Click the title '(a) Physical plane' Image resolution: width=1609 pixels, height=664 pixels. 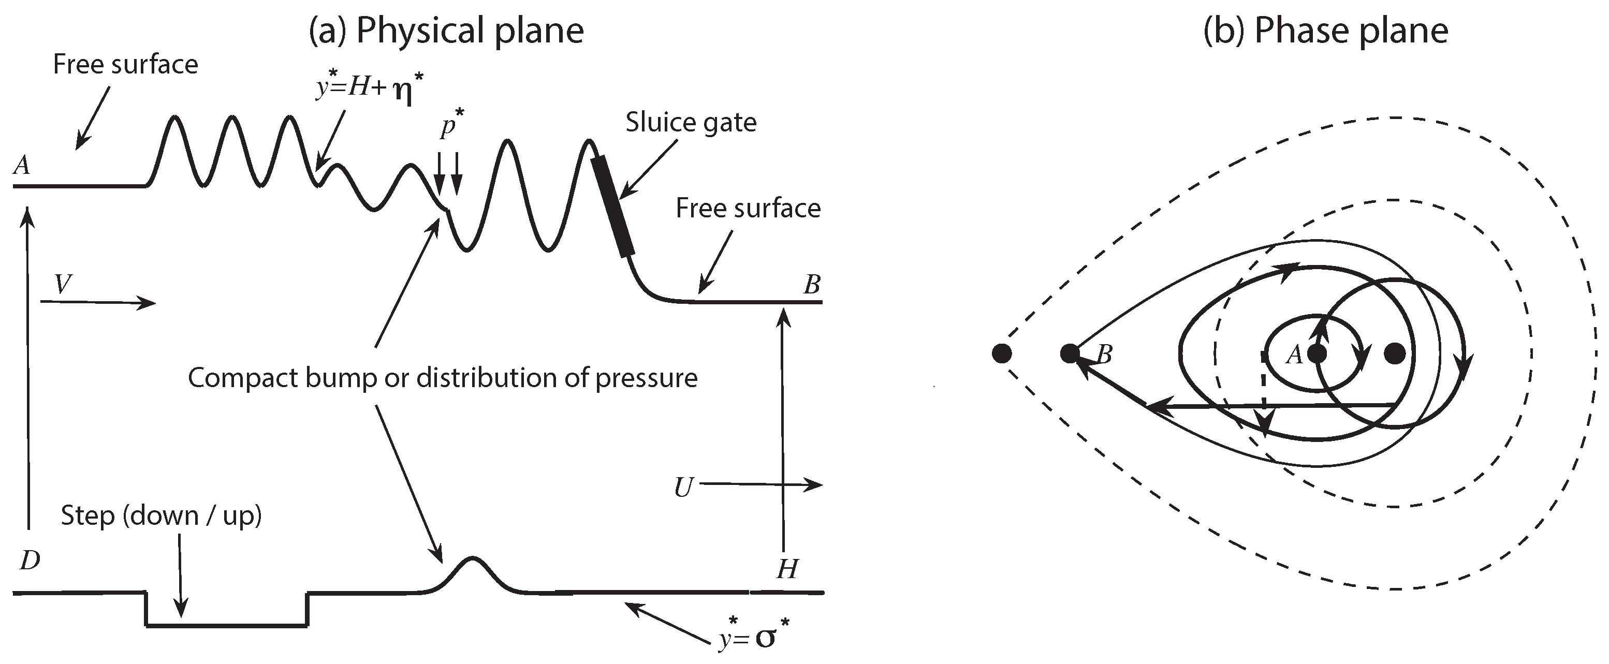point(446,31)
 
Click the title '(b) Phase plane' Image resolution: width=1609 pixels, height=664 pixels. point(1325,31)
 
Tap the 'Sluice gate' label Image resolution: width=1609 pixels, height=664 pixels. point(691,123)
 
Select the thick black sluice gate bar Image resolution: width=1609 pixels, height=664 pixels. point(613,206)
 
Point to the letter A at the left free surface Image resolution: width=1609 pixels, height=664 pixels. point(22,165)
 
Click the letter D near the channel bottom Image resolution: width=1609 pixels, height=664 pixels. point(30,561)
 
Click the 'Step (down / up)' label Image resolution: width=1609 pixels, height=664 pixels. point(161,516)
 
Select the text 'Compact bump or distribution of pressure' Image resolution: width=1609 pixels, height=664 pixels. point(442,378)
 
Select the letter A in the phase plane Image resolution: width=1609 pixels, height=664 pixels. point(1294,356)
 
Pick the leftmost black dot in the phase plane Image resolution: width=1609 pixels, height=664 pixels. point(1001,353)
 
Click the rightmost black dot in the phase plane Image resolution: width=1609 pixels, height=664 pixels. point(1395,353)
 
